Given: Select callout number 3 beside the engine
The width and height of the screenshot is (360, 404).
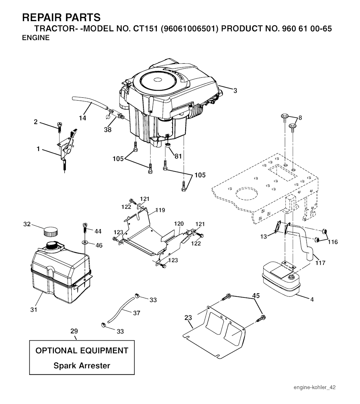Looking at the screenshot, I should click(235, 91).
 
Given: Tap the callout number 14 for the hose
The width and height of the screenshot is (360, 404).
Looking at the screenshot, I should click(82, 118).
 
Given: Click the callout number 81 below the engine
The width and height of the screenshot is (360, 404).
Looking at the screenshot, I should click(178, 156).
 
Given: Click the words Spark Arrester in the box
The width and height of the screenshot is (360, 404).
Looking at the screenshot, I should click(82, 366).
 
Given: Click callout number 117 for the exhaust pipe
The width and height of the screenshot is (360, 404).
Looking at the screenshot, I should click(320, 263).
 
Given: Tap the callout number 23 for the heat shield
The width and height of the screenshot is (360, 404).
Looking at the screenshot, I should click(188, 318).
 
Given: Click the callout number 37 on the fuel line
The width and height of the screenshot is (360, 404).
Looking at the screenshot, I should click(136, 313).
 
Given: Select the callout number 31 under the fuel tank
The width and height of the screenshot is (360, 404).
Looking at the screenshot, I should click(34, 310).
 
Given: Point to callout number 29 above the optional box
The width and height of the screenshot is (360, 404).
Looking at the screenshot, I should click(74, 331).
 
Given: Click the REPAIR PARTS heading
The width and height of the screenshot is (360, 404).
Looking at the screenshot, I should click(61, 17).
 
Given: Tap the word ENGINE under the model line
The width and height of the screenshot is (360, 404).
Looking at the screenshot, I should click(36, 38).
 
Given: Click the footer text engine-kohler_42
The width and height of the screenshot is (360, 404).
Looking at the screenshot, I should click(315, 387).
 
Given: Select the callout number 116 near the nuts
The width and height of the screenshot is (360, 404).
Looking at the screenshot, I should click(332, 242).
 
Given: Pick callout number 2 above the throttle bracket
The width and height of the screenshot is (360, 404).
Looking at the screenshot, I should click(36, 122).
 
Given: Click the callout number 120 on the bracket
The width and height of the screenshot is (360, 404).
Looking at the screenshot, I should click(179, 224).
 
